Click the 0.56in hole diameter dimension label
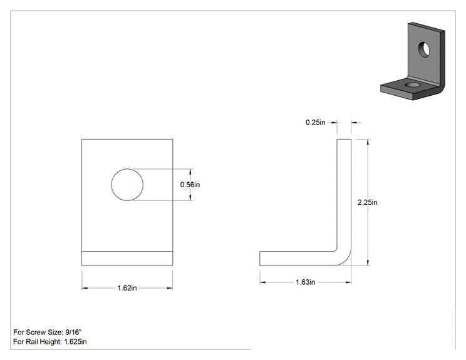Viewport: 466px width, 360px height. (190, 185)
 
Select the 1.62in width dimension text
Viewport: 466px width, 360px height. (127, 288)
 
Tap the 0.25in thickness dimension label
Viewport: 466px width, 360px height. (315, 122)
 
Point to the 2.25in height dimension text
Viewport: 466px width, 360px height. (368, 202)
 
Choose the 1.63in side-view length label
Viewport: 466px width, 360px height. (306, 282)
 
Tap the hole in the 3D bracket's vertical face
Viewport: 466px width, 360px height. (424, 49)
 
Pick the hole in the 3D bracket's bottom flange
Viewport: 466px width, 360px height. (413, 85)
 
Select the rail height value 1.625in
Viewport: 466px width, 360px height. (76, 342)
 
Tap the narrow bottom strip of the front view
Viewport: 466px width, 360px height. (127, 259)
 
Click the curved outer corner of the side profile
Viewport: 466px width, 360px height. (345, 260)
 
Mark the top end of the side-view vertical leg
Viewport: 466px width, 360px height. (344, 140)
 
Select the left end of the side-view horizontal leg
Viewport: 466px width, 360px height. (260, 259)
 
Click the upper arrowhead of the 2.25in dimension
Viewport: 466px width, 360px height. (368, 142)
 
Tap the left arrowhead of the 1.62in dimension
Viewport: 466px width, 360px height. (85, 288)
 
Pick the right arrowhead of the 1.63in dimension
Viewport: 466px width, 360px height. (348, 282)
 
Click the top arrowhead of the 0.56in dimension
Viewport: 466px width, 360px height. (190, 172)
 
